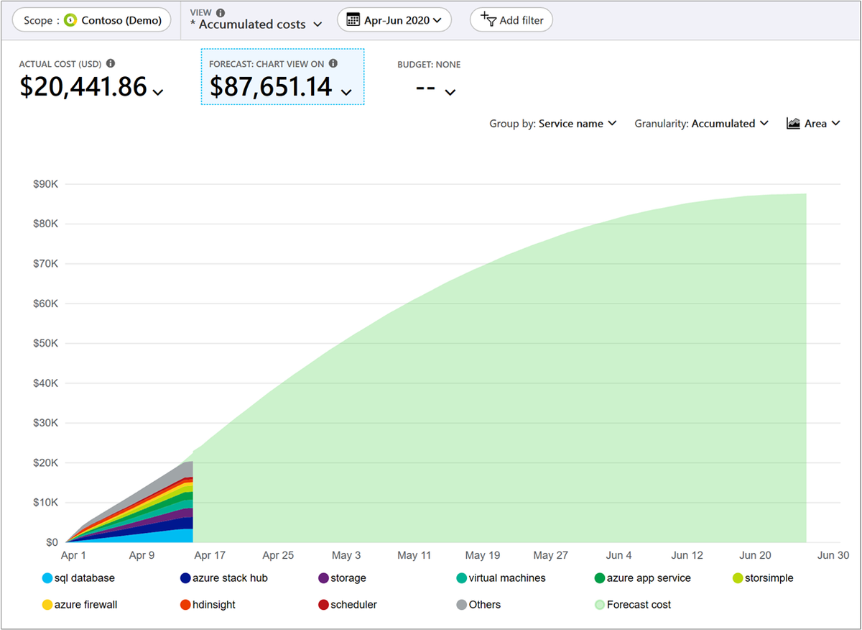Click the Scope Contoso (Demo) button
click(x=92, y=20)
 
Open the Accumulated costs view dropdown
click(x=256, y=24)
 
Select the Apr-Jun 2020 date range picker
click(x=394, y=20)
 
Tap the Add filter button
click(x=511, y=20)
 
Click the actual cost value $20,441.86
click(x=83, y=86)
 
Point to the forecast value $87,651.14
click(x=271, y=86)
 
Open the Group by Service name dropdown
click(x=552, y=124)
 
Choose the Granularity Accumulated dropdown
click(x=701, y=124)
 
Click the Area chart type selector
click(x=812, y=124)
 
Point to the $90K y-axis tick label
click(x=45, y=184)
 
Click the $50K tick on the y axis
click(x=45, y=343)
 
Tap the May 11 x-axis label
click(x=414, y=555)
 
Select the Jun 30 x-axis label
click(x=833, y=555)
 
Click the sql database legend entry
click(x=78, y=578)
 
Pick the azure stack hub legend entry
click(x=224, y=578)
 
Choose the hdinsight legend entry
click(x=208, y=605)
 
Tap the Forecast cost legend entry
click(x=633, y=605)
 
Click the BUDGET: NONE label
click(x=429, y=64)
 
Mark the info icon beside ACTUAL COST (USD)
click(x=111, y=63)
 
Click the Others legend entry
click(x=478, y=605)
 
